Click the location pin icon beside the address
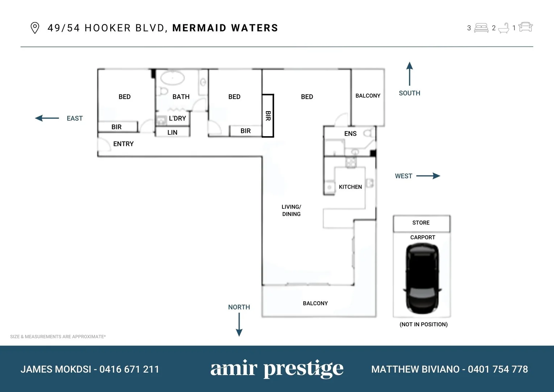35,28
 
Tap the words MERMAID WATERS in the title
225,28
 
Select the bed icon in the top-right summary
481,28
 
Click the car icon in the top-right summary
525,27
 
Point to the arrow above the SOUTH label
409,74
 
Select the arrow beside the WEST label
428,176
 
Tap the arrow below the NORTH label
239,324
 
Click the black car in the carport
422,278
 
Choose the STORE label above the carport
421,223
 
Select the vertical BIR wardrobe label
268,116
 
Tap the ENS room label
350,134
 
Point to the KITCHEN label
350,187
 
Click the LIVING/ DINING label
292,211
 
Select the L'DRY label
177,118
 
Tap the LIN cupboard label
172,132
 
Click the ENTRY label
123,144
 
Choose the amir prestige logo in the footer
277,369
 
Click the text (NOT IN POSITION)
423,324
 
